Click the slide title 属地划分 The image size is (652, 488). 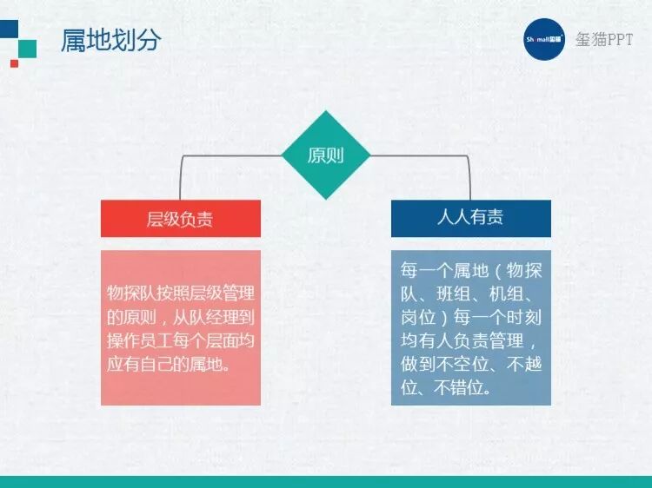pos(110,41)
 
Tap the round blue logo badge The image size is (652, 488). pos(544,39)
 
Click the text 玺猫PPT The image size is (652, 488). pos(605,40)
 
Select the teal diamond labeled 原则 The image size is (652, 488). pos(326,155)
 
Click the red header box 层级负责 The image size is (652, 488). pos(180,218)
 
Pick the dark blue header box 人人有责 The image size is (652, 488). pos(470,218)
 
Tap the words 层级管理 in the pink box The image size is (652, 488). pos(222,292)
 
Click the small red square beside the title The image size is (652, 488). pos(14,63)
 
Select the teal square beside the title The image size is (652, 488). pos(28,48)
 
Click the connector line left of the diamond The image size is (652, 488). pos(231,156)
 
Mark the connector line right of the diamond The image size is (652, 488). pos(421,156)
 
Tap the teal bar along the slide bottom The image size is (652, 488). pos(326,482)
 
